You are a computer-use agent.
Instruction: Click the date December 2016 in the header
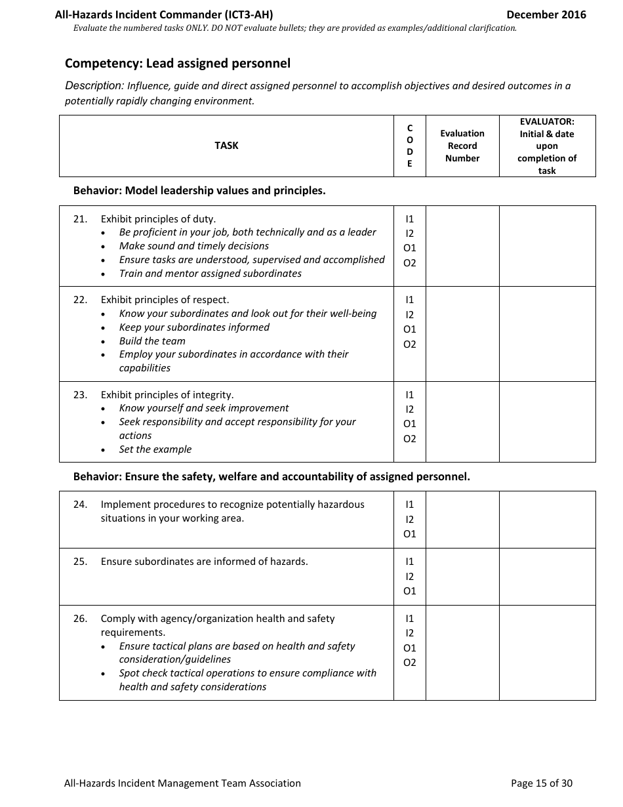pyautogui.click(x=546, y=14)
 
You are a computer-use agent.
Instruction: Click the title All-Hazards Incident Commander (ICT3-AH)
pyautogui.click(x=164, y=14)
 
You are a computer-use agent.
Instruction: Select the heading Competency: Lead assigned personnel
pyautogui.click(x=177, y=64)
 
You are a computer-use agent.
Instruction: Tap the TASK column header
pyautogui.click(x=226, y=146)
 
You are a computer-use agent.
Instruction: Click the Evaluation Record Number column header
pyautogui.click(x=462, y=146)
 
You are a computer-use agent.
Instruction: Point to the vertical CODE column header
pyautogui.click(x=410, y=146)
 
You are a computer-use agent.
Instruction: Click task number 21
pyautogui.click(x=80, y=219)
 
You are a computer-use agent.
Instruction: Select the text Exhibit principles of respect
pyautogui.click(x=165, y=300)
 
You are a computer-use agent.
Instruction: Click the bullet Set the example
pyautogui.click(x=155, y=449)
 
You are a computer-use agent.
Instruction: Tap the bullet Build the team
pyautogui.click(x=152, y=341)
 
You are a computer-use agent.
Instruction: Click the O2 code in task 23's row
pyautogui.click(x=410, y=439)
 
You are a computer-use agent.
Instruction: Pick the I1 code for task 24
pyautogui.click(x=410, y=505)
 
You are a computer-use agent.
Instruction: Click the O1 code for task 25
pyautogui.click(x=410, y=591)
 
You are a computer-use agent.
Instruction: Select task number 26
pyautogui.click(x=80, y=619)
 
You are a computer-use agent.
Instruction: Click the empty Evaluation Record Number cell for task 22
pyautogui.click(x=462, y=333)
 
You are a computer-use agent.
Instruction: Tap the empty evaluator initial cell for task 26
pyautogui.click(x=547, y=652)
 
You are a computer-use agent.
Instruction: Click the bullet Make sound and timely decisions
pyautogui.click(x=193, y=246)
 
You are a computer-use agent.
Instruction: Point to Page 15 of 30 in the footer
pyautogui.click(x=541, y=783)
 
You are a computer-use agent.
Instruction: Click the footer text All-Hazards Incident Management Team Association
pyautogui.click(x=182, y=783)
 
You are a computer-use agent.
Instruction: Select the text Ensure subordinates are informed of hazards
pyautogui.click(x=204, y=562)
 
